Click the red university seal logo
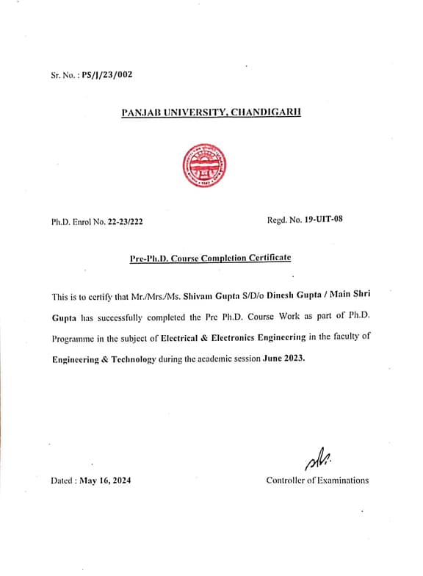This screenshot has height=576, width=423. [204, 165]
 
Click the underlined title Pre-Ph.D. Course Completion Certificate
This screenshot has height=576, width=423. [210, 258]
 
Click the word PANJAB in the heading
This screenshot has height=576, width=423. [140, 112]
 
